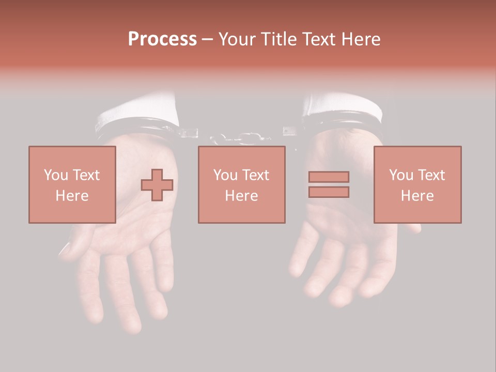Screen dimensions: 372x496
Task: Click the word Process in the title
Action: click(x=162, y=39)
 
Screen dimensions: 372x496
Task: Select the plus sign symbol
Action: click(x=157, y=184)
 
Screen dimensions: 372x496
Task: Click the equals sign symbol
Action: click(x=329, y=184)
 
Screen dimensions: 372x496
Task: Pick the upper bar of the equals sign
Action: click(x=329, y=177)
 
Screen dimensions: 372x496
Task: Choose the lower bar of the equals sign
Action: click(x=329, y=192)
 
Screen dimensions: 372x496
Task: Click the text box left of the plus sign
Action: click(x=72, y=184)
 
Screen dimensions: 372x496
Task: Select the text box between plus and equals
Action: click(x=241, y=184)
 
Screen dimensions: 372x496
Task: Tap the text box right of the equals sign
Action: click(x=417, y=184)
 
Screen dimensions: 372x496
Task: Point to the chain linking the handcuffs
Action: click(x=240, y=138)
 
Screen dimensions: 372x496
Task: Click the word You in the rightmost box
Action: click(x=401, y=175)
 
